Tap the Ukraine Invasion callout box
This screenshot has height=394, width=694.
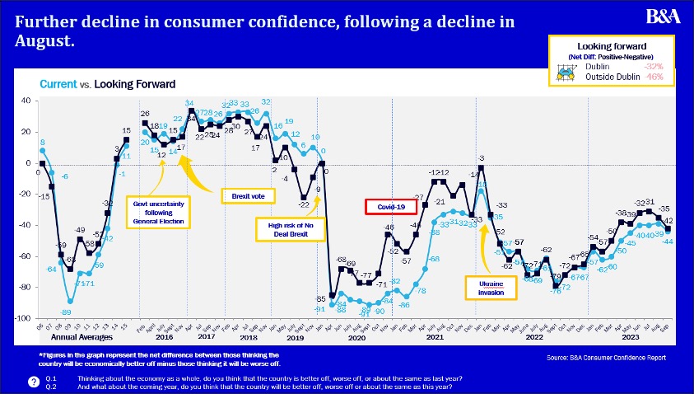493,287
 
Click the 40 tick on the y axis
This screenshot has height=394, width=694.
25,101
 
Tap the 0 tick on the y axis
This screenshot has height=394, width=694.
27,163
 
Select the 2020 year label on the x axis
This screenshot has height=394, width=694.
356,338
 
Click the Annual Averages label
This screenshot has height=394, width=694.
82,338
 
